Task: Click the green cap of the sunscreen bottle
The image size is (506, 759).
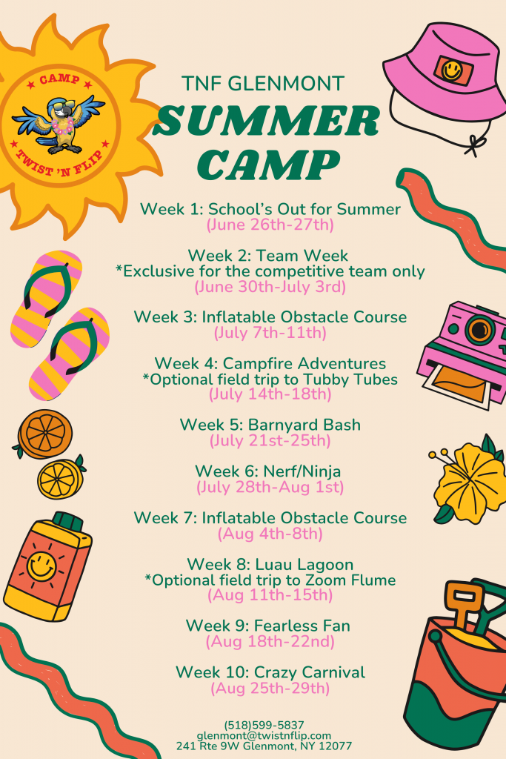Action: point(67,521)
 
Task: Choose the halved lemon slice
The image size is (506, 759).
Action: point(61,478)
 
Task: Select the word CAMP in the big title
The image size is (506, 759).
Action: point(268,164)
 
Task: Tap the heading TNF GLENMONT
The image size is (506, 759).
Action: point(263,84)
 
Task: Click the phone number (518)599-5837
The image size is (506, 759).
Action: point(264,725)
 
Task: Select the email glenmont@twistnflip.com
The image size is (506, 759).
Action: point(264,735)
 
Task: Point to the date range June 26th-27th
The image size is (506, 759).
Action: point(270,225)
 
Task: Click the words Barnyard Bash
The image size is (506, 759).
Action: point(304,425)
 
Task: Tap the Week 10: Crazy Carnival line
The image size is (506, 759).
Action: point(270,672)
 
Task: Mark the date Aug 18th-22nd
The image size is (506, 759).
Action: point(270,642)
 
